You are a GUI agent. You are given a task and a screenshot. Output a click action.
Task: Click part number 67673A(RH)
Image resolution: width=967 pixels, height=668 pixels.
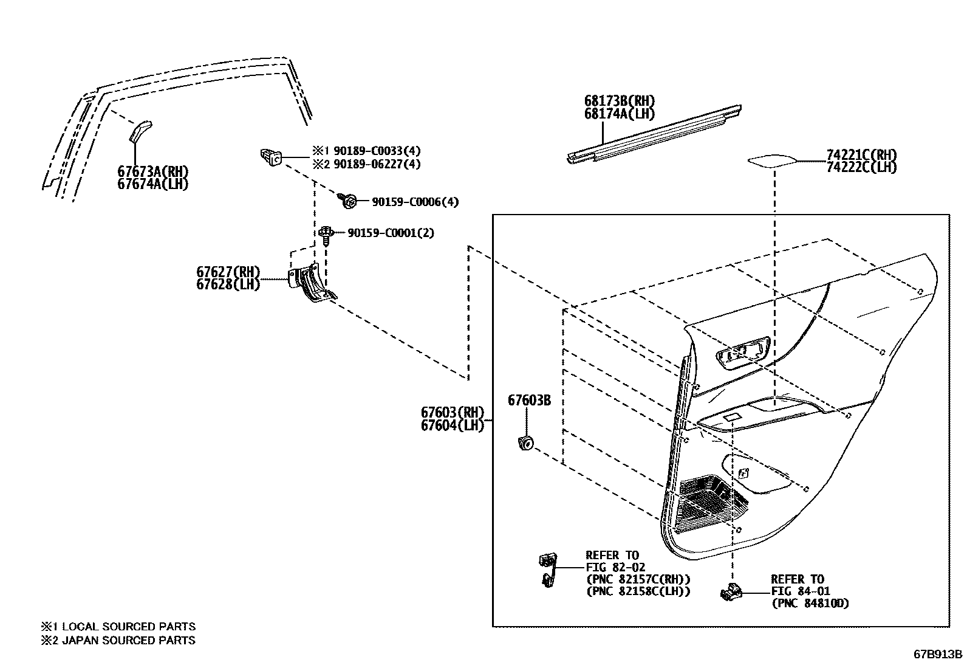point(152,171)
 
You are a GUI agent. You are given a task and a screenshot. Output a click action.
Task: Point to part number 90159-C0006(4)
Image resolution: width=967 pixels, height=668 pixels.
point(415,202)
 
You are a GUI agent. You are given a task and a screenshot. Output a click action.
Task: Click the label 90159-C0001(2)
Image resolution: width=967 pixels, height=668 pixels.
point(391,233)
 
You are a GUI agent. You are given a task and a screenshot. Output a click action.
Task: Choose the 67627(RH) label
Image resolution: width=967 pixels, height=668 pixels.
point(228,272)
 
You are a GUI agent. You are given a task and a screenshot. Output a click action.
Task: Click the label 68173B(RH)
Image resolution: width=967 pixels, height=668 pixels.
point(620,101)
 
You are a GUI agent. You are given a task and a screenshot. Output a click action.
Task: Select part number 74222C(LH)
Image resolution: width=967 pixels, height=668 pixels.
point(861,168)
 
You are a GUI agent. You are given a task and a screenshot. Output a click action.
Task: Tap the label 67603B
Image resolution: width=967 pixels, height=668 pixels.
point(529,401)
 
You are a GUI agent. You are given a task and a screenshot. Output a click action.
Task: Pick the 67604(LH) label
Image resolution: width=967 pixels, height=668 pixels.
point(452,425)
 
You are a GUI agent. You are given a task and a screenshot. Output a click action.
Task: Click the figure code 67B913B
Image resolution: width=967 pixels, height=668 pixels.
point(938,654)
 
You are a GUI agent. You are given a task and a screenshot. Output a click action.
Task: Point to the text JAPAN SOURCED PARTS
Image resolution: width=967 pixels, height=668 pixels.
point(129,640)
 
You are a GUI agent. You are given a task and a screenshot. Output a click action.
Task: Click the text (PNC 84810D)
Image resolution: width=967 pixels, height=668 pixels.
point(810,604)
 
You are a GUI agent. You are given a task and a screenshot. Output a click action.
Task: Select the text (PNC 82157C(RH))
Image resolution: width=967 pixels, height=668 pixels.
point(638,579)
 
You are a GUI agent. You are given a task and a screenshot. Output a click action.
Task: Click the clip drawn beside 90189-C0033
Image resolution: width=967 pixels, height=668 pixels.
point(270,157)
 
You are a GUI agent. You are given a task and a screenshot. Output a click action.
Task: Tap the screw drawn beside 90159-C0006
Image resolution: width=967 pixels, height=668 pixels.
point(349,201)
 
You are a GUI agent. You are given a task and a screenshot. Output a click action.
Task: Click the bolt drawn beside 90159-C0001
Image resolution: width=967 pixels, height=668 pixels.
point(326,234)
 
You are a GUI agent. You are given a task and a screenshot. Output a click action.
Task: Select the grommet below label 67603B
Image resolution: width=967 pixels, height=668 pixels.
point(525,443)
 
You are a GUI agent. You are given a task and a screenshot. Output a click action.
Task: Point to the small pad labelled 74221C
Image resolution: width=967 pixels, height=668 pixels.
point(772,161)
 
